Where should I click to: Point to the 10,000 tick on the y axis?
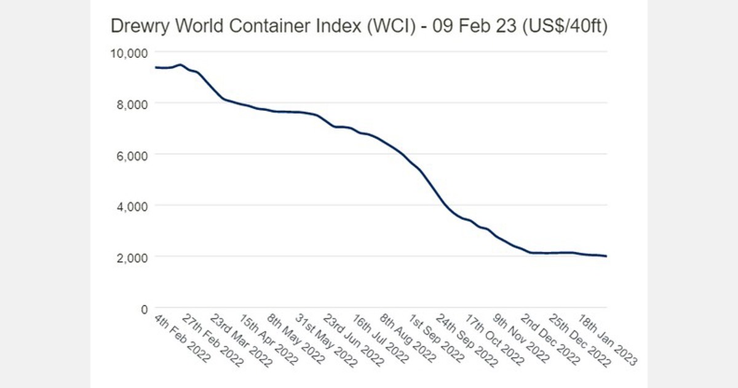pos(128,53)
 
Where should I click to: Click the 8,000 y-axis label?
pos(131,104)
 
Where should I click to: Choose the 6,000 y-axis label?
pos(131,155)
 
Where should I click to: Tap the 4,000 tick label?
pos(131,206)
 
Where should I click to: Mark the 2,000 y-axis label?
pos(131,257)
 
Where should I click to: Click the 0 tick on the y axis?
pos(144,308)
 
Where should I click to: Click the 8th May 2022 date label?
pos(292,338)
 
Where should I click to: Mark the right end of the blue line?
pos(607,256)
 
